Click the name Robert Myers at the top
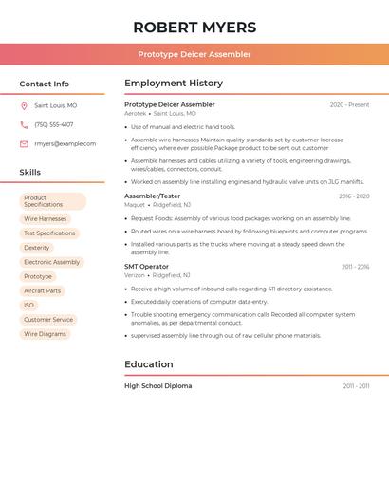(194, 27)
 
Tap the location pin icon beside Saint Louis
(24, 105)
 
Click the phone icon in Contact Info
(24, 124)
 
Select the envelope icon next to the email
(24, 144)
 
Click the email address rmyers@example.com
(65, 144)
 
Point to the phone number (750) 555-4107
(54, 124)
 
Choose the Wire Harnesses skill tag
(46, 219)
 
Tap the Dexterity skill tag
(37, 248)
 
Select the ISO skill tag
(29, 306)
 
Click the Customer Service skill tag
(48, 320)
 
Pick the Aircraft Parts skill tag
(42, 291)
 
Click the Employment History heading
(174, 84)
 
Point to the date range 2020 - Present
(349, 105)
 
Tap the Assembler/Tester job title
(152, 196)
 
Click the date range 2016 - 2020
(353, 196)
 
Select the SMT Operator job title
(146, 267)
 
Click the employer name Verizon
(135, 275)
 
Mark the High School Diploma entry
(157, 386)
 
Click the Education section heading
(149, 364)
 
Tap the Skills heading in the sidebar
(30, 173)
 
